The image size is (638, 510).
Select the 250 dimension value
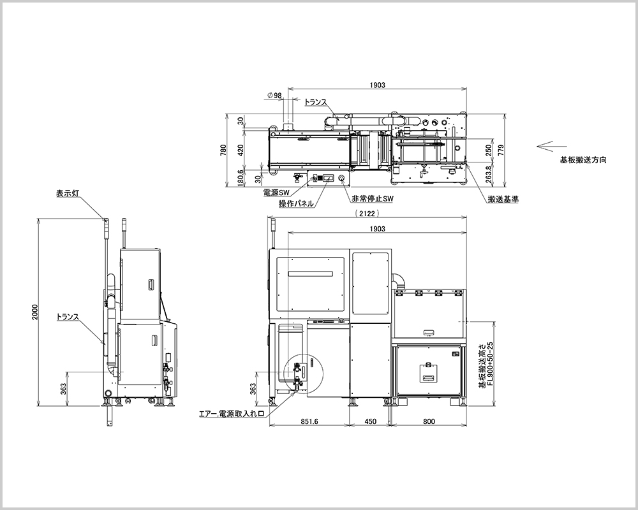coord(487,150)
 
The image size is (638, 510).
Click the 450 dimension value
coord(369,421)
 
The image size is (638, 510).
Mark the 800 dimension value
coord(429,421)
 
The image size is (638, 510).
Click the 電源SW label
coord(276,191)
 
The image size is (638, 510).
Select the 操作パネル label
coord(295,204)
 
